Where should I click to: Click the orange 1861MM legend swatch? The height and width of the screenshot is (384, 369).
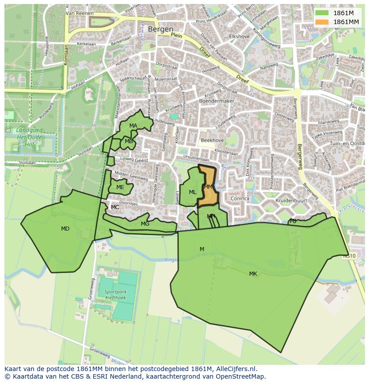pos(321,22)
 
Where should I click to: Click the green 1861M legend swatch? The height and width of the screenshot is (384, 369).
pos(321,13)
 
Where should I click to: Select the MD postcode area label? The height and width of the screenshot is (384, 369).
pos(65,229)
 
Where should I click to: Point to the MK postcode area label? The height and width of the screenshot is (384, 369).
pos(253,274)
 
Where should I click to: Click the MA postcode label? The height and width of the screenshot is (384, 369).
pos(133,126)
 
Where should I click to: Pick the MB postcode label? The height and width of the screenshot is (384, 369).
pos(129,141)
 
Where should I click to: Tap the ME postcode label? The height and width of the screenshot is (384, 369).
pos(120,187)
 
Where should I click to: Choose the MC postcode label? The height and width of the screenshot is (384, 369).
pos(115,207)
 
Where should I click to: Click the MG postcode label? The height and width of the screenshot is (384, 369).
pos(145,224)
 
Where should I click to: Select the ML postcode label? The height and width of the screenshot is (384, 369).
pos(193,192)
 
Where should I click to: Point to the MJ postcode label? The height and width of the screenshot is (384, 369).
pos(293,221)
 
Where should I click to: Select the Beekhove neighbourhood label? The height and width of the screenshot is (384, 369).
pos(212,140)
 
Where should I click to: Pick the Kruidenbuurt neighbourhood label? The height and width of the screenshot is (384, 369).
pos(291,201)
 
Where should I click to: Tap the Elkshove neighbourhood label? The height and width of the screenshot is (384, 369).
pos(239,37)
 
